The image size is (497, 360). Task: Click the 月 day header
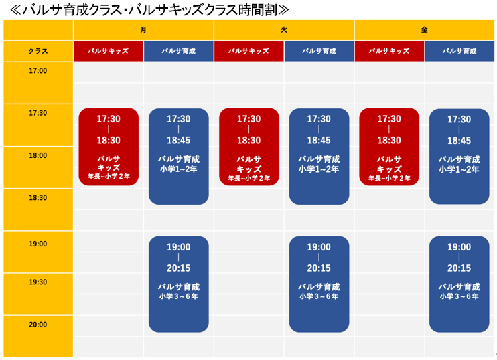[x=143, y=30]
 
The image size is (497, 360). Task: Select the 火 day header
[x=284, y=30]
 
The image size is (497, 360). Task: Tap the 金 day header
[x=425, y=30]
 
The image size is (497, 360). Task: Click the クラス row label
[x=38, y=51]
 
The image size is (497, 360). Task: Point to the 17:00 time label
[x=38, y=71]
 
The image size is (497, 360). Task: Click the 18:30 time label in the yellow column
[x=38, y=198]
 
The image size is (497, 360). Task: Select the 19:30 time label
[x=38, y=282]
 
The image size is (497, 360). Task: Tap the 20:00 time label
[x=38, y=325]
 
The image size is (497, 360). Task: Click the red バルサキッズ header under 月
[x=109, y=51]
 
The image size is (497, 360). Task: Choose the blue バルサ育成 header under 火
[x=319, y=51]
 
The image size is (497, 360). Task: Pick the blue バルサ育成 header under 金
[x=459, y=51]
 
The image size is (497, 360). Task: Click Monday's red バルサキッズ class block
[x=109, y=147]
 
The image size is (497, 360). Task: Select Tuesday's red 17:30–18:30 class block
[x=249, y=147]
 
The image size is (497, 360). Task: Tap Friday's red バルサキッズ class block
[x=389, y=147]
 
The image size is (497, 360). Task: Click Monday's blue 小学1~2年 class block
[x=179, y=157]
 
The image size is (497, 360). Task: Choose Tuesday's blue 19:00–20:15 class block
[x=319, y=284]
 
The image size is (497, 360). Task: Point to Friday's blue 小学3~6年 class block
[x=459, y=284]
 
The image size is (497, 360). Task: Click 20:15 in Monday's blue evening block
[x=179, y=268]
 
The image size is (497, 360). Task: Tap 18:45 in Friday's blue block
[x=459, y=141]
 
